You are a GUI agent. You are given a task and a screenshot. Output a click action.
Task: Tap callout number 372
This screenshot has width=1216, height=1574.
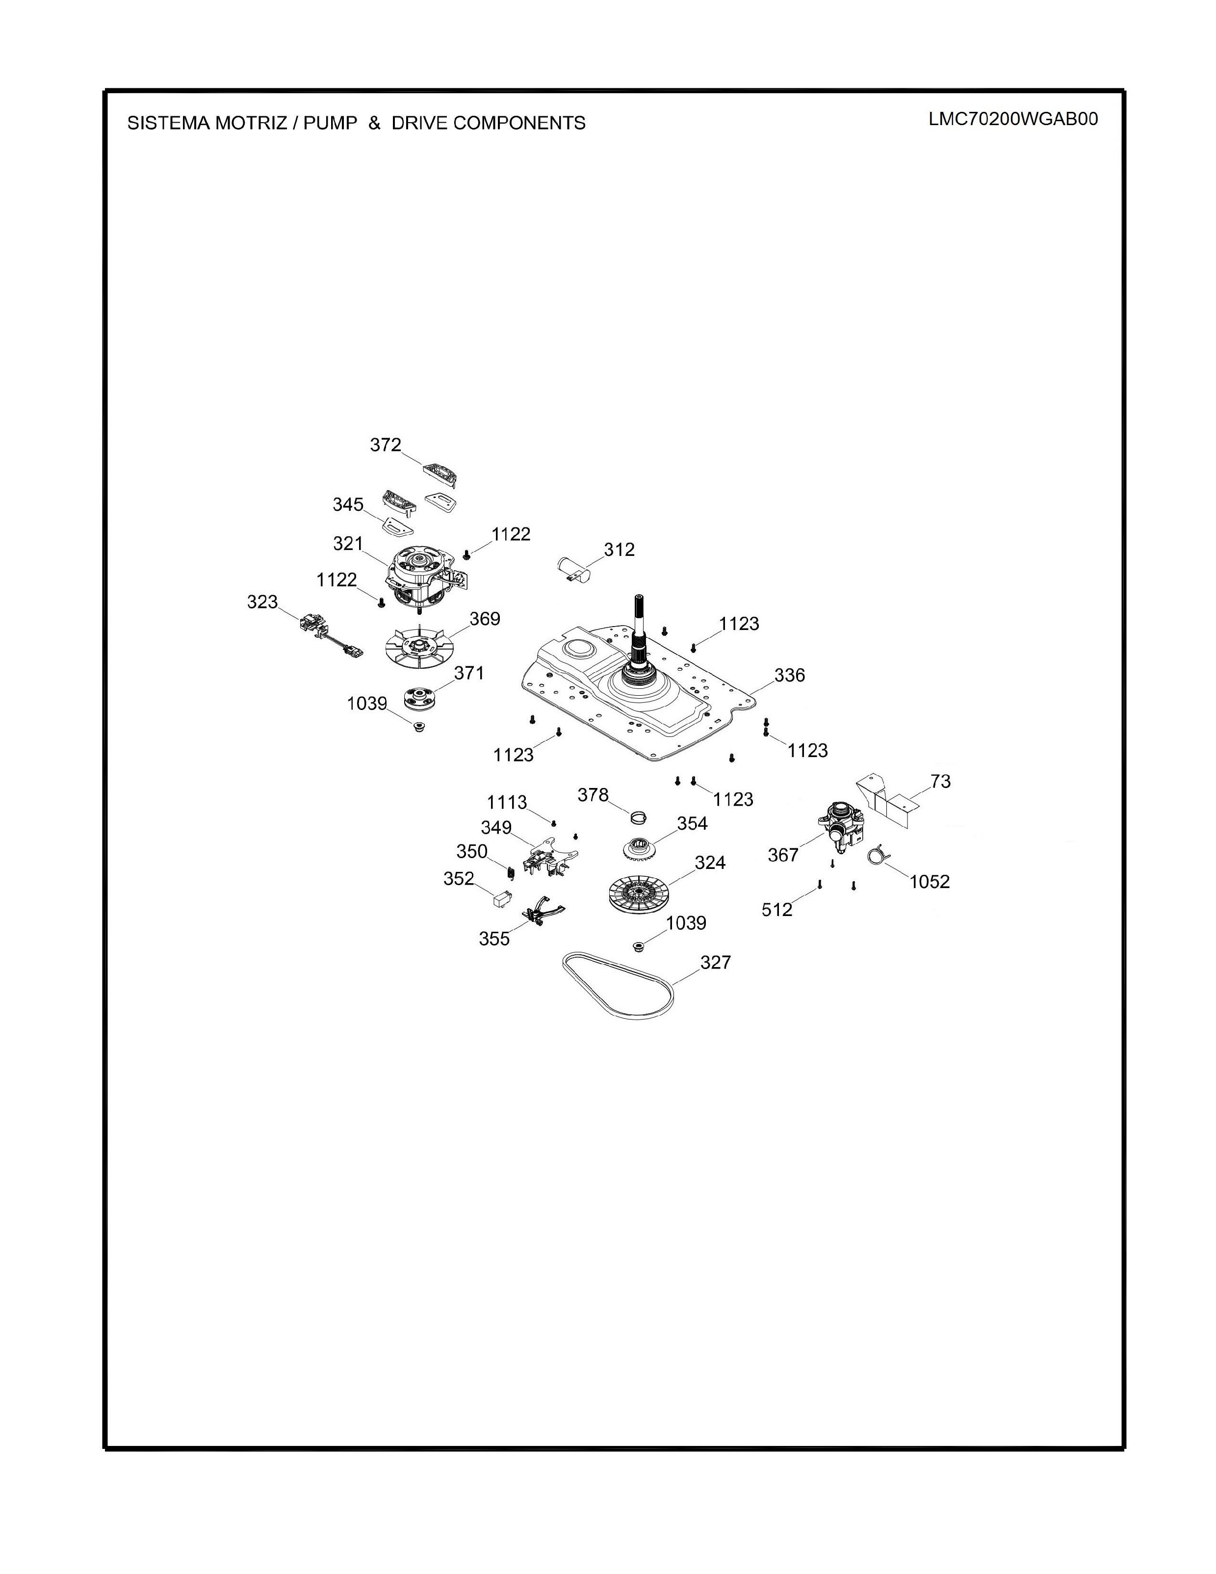[x=386, y=446]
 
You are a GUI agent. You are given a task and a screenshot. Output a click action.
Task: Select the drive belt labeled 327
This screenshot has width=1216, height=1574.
[x=620, y=985]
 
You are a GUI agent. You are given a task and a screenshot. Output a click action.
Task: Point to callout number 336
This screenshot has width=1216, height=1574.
[x=790, y=675]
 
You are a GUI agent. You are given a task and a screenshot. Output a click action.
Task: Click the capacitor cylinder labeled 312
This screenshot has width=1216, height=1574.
[x=575, y=567]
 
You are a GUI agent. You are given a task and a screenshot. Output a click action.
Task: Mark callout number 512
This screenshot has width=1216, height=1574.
[x=776, y=910]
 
